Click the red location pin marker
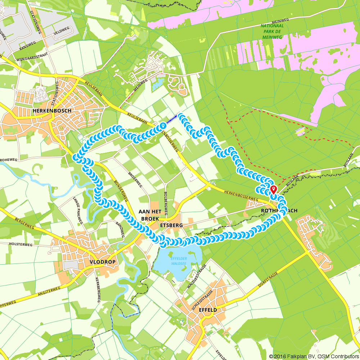point(273,189)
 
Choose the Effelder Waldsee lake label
point(179,261)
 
